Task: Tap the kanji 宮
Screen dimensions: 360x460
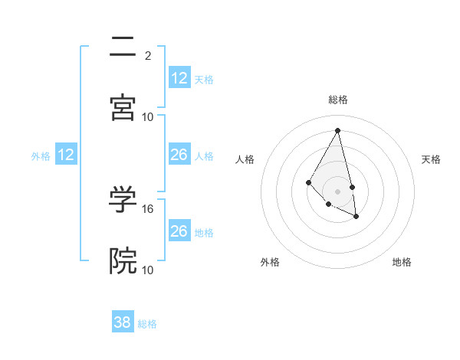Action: pos(123,107)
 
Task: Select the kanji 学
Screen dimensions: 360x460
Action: pos(123,199)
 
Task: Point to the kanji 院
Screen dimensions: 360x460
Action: pos(123,260)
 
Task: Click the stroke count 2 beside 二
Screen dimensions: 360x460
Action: pos(148,56)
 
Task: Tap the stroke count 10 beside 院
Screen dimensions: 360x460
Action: pos(148,270)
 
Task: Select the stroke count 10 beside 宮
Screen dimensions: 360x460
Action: pos(148,116)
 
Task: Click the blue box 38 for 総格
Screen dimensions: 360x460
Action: pos(123,322)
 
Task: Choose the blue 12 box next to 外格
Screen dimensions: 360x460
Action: pos(66,155)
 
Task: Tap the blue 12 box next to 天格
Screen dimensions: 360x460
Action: pos(179,78)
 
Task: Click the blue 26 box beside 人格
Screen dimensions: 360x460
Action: pos(179,155)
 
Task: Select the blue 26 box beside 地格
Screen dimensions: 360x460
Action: pos(179,231)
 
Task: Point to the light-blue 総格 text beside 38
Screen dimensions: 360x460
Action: pos(147,324)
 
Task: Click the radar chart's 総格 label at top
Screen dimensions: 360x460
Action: pos(338,100)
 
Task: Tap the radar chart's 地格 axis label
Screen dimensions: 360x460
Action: pos(402,263)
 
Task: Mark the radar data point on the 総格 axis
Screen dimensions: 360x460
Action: pos(338,130)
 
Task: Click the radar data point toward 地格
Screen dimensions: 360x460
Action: pos(356,217)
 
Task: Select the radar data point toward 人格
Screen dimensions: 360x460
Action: pos(308,182)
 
